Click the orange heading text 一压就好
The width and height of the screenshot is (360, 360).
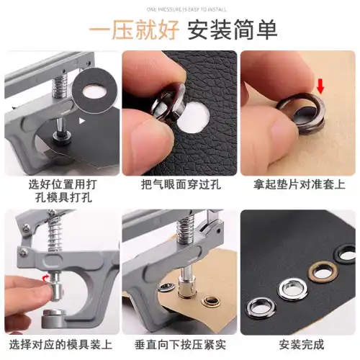(134, 30)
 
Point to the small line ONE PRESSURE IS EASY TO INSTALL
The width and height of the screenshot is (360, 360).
(180, 9)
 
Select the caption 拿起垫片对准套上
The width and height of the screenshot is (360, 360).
(297, 184)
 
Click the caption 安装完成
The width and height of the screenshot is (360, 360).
(297, 344)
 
